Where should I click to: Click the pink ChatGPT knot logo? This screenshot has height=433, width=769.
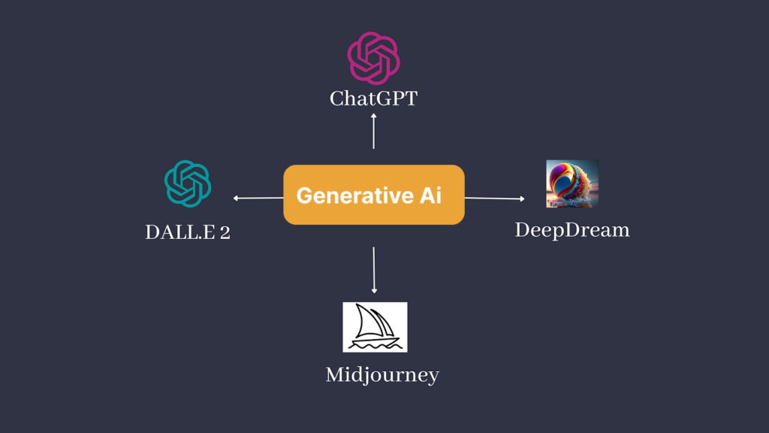coord(373,58)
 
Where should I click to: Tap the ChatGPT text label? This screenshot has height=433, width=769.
coord(373,98)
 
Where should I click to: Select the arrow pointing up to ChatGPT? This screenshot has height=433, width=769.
coord(373,131)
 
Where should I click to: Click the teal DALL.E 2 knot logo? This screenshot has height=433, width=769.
coord(188,183)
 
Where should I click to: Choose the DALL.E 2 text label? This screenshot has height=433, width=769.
coord(188,233)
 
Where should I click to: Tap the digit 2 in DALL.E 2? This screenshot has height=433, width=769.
coord(225,233)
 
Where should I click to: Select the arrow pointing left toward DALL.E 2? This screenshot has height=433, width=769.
coord(258,198)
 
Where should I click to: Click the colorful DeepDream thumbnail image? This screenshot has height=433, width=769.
coord(572,183)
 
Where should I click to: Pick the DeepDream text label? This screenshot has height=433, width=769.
coord(572,230)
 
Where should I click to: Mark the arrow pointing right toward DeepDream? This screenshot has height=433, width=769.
coord(494,198)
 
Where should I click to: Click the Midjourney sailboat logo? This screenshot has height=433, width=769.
coord(375,327)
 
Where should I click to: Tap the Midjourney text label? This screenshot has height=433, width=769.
coord(381,374)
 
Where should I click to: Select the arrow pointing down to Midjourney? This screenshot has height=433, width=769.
coord(374,270)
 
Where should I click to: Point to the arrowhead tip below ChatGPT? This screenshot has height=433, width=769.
coord(373,115)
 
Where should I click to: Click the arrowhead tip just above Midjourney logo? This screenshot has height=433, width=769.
coord(374,291)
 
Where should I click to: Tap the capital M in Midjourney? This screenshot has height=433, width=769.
coord(334,374)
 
